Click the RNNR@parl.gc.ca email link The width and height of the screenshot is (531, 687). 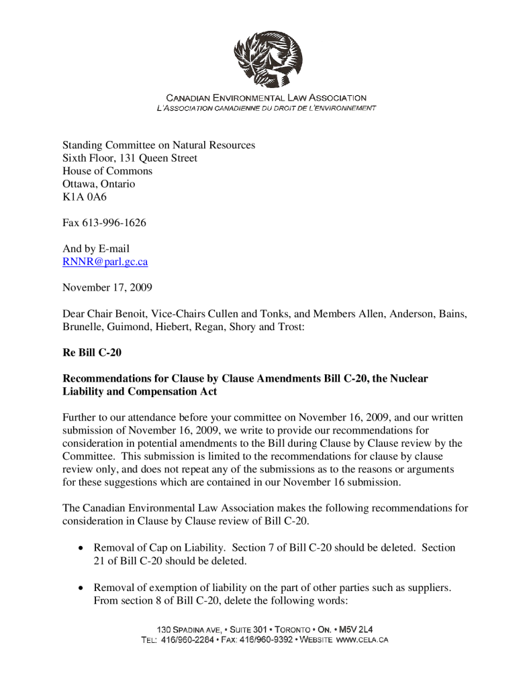(105, 262)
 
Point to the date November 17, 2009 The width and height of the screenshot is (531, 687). (107, 288)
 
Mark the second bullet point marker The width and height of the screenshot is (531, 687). (81, 588)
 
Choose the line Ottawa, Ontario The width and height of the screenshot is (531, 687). (99, 184)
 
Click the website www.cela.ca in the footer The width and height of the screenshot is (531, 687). (361, 640)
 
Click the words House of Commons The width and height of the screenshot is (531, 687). (107, 171)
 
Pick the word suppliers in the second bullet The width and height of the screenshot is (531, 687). (425, 588)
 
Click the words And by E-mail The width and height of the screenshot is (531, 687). (96, 249)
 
